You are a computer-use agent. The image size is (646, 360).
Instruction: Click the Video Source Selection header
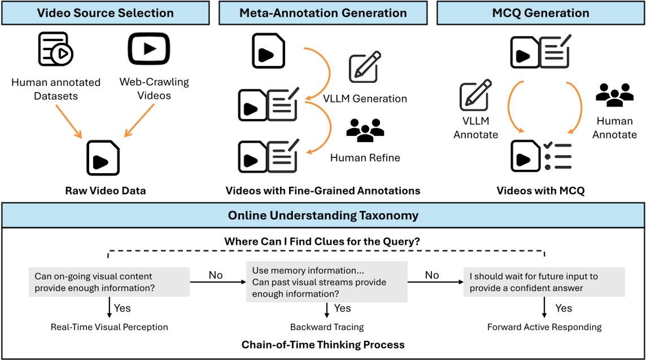click(105, 13)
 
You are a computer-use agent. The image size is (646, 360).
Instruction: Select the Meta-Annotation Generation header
click(323, 13)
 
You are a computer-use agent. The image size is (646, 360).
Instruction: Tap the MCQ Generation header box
click(540, 13)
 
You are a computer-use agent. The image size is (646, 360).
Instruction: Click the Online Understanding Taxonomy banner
click(323, 216)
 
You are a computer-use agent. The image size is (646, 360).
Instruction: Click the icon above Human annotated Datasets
click(56, 49)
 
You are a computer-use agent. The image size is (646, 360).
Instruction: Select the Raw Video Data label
click(105, 191)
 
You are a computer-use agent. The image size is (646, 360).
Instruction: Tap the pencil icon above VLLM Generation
click(364, 68)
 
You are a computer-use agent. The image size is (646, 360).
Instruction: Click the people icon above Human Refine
click(365, 131)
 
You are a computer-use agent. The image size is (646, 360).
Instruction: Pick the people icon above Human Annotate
click(615, 95)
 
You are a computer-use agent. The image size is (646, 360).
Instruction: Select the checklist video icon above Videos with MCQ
click(542, 155)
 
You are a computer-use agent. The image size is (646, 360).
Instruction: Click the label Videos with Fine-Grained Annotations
click(323, 191)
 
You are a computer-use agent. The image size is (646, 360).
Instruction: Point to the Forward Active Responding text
click(544, 327)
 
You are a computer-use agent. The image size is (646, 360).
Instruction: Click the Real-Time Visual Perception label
click(110, 327)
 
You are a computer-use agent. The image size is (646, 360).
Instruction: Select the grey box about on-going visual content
click(109, 283)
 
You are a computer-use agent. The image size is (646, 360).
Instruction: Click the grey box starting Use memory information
click(327, 282)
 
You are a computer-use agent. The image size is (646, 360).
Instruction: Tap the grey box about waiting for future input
click(544, 283)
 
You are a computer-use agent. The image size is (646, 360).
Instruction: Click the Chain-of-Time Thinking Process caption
click(323, 344)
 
